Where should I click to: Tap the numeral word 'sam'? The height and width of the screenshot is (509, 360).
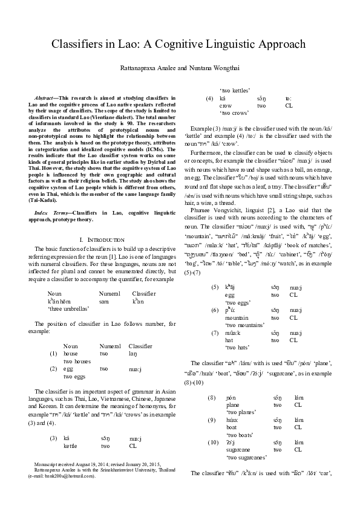(x=104, y=300)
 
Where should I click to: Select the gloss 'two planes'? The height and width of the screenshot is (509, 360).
(x=240, y=412)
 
